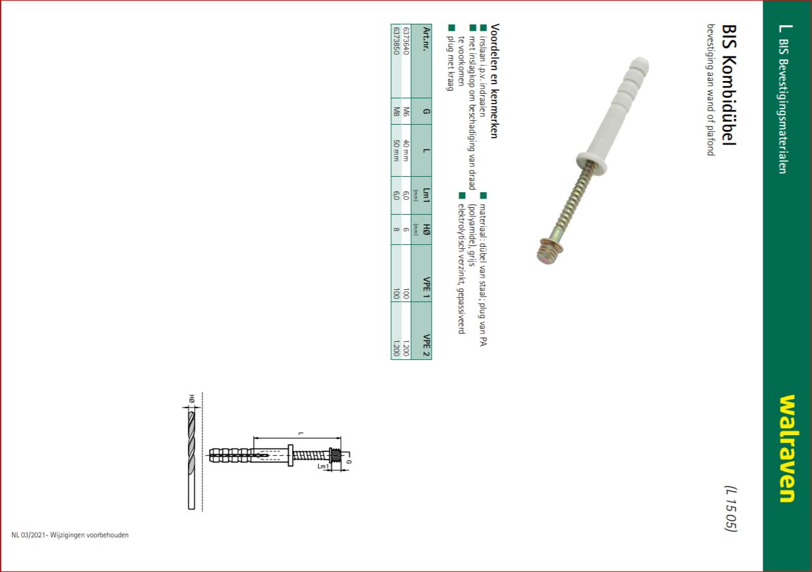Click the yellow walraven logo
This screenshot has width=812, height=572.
[788, 449]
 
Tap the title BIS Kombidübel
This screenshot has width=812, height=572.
[729, 85]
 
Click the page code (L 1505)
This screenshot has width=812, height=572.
[731, 508]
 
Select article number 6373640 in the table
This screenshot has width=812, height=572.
[406, 41]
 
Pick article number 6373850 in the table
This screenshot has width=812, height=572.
[396, 41]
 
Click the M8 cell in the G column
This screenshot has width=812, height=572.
[396, 111]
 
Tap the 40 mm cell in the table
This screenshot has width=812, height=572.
[406, 150]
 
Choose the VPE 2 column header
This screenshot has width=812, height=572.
[427, 345]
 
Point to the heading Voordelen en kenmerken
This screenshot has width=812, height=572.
[495, 81]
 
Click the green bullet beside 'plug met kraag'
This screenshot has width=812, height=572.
[451, 28]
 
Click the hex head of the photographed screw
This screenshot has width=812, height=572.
[550, 251]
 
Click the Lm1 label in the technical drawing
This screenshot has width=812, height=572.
[323, 467]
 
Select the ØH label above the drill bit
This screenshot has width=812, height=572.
[192, 398]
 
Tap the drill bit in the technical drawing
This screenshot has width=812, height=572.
[191, 460]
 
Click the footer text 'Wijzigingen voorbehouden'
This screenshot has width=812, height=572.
[89, 535]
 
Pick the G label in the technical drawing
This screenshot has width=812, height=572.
[349, 461]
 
